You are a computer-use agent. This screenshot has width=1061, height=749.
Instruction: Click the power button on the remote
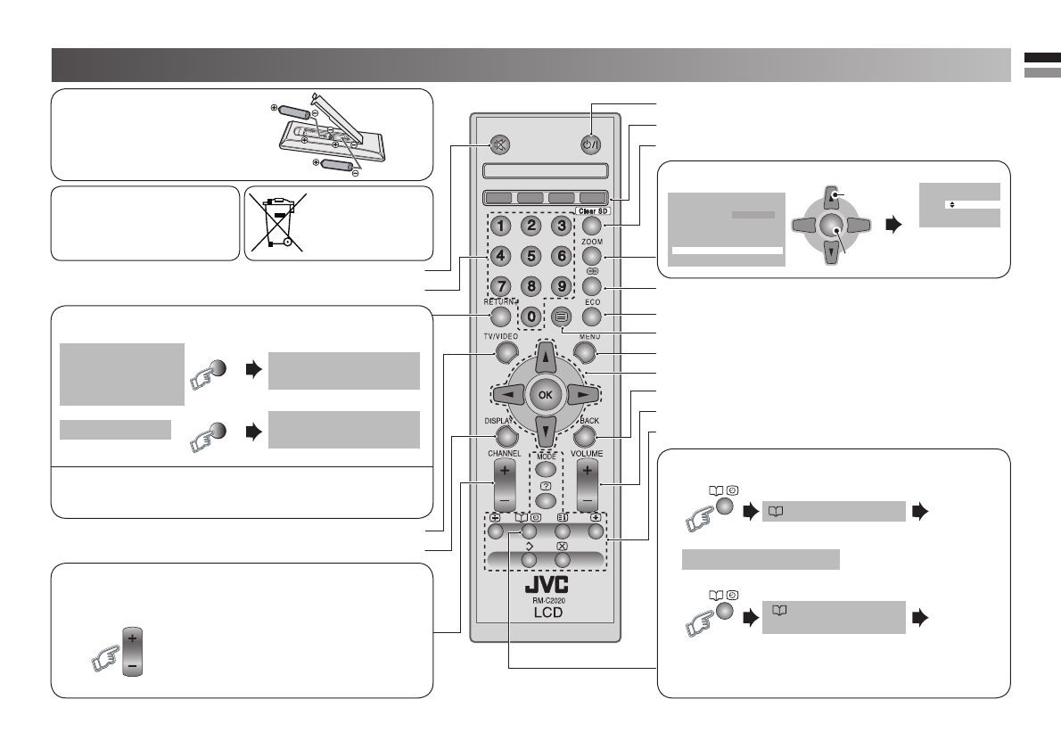(591, 144)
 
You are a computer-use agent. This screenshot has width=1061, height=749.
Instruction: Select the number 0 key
(531, 315)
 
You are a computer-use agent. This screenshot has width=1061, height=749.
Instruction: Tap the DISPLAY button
(506, 436)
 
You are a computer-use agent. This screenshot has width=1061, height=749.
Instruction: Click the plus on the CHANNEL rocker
(505, 470)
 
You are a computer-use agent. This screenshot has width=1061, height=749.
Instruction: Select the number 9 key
(561, 286)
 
